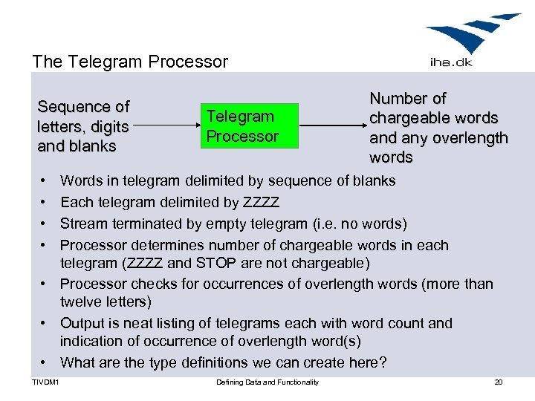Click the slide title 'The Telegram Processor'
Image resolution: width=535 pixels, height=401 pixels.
click(130, 62)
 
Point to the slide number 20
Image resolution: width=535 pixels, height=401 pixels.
click(498, 382)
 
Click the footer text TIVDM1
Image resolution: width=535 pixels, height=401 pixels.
click(46, 382)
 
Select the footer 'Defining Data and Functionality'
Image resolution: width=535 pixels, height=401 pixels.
click(267, 382)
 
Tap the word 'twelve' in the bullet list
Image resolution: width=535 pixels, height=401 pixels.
click(81, 301)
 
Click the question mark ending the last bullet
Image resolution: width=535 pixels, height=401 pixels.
click(383, 362)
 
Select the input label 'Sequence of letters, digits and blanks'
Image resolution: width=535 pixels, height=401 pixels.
click(83, 126)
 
